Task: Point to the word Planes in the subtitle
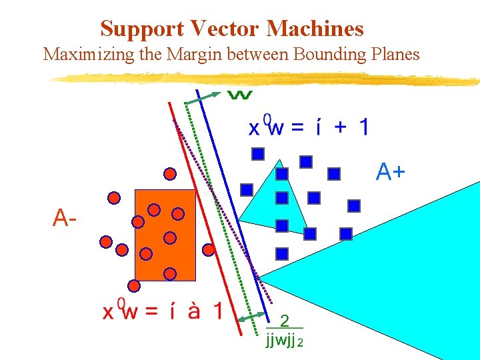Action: point(394,54)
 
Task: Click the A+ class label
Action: point(390,173)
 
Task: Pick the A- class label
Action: point(64,217)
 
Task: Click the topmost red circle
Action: point(170,174)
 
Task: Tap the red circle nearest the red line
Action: point(209,249)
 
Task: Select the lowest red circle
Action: point(134,285)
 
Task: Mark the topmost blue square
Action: point(258,154)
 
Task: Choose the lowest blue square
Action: point(282,253)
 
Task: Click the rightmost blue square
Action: point(354,205)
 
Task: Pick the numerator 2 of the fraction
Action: point(284,321)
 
